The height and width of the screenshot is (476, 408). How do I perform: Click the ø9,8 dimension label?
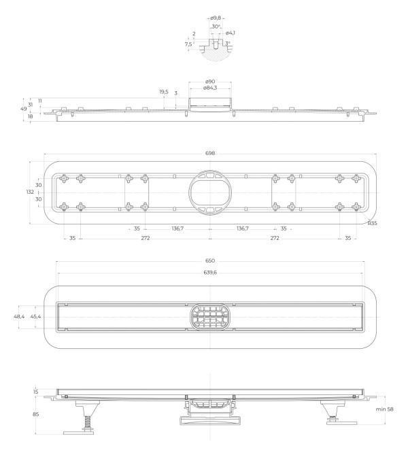[x=215, y=19]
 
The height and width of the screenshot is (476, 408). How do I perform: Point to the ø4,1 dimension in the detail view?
[x=231, y=33]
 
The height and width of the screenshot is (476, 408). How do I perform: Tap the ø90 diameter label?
[x=210, y=81]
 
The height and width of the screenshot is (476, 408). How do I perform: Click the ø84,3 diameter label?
[x=210, y=88]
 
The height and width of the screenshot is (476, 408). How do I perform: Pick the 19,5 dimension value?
[x=164, y=91]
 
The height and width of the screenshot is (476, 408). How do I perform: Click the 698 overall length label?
[x=210, y=154]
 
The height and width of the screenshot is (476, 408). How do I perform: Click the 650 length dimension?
[x=210, y=261]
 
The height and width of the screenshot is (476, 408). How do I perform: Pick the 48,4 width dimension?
[x=19, y=317]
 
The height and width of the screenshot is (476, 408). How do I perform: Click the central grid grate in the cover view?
[x=210, y=317]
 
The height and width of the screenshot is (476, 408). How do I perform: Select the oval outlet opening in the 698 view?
[x=210, y=192]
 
